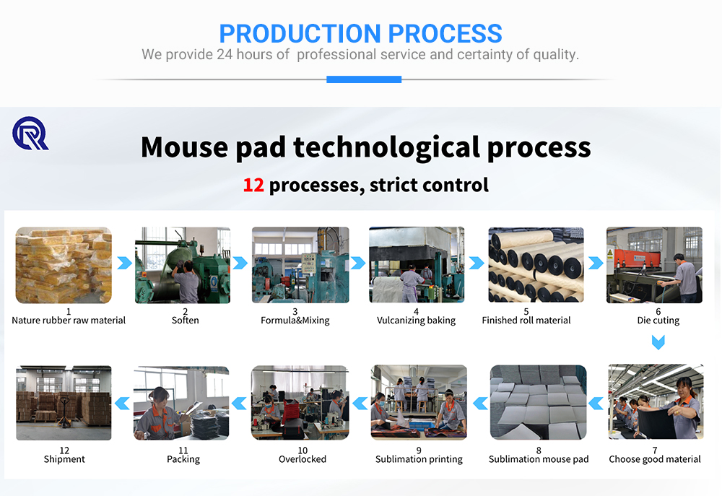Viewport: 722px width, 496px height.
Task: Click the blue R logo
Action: click(x=30, y=134)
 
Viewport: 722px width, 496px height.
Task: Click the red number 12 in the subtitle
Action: click(x=253, y=186)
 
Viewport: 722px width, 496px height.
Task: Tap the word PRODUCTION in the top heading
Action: click(x=300, y=33)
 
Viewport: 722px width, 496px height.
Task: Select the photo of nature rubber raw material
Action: click(x=64, y=265)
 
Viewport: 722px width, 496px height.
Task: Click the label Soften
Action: click(x=185, y=321)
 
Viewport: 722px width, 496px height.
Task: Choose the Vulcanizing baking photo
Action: click(x=417, y=265)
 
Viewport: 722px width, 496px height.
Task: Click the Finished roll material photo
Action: click(x=536, y=265)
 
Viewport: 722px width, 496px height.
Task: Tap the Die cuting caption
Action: click(x=658, y=321)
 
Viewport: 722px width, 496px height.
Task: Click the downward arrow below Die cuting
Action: click(x=658, y=342)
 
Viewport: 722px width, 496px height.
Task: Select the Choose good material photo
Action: click(x=654, y=403)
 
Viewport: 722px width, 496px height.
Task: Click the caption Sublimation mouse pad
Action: click(x=539, y=459)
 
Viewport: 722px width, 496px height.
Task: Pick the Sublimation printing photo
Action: click(x=419, y=403)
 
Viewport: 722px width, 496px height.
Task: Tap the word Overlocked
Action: click(x=303, y=459)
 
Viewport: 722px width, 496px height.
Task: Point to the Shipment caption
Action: click(x=64, y=459)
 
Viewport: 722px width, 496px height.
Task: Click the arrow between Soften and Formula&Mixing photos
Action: click(x=240, y=264)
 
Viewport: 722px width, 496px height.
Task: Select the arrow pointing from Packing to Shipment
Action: click(x=122, y=403)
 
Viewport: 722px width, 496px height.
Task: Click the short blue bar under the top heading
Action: click(x=364, y=79)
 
